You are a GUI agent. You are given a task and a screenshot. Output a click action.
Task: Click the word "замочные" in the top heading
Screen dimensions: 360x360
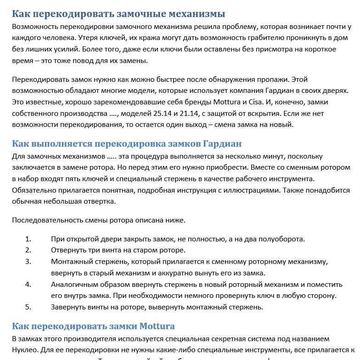point(131,13)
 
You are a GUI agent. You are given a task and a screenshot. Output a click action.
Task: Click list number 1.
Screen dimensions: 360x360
point(28,239)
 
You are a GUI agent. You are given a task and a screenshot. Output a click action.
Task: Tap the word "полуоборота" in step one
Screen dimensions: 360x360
point(283,239)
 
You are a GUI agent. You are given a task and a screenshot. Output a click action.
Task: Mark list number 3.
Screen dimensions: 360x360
point(28,262)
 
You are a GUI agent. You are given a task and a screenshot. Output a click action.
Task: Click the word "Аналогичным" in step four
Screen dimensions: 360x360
point(75,284)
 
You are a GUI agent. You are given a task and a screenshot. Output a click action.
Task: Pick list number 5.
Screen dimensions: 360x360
point(28,307)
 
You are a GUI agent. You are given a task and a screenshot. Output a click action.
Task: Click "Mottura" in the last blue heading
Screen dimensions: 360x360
point(153,326)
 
